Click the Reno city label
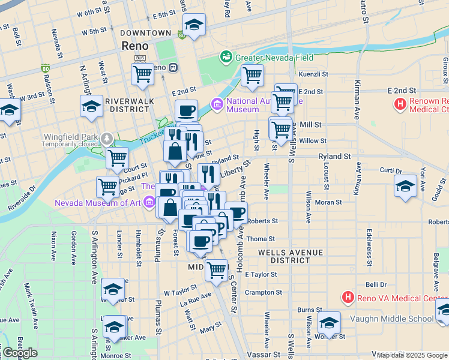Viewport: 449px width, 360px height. point(135,46)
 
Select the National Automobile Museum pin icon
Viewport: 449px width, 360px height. point(217,106)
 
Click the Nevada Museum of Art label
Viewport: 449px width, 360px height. point(97,202)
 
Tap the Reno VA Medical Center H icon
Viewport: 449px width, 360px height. point(347,297)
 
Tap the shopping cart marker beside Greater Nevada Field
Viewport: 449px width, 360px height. point(252,76)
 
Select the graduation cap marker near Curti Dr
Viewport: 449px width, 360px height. point(406,185)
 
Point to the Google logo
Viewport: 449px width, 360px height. point(20,353)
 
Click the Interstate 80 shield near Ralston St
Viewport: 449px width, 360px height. point(46,68)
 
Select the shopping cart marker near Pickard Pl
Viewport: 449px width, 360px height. point(108,187)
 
